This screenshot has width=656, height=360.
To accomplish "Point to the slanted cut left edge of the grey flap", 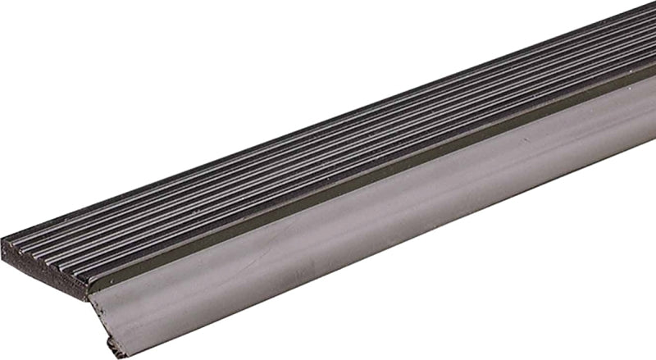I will (x=102, y=320).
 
